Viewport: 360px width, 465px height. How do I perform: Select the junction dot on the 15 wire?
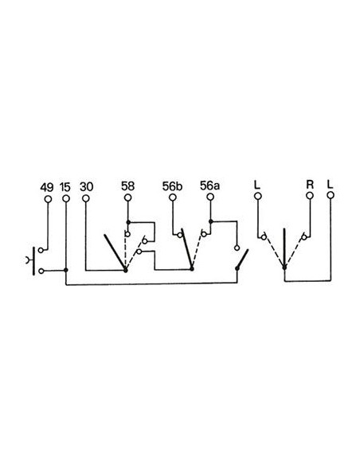65,270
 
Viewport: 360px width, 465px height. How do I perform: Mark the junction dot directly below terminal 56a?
210,221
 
